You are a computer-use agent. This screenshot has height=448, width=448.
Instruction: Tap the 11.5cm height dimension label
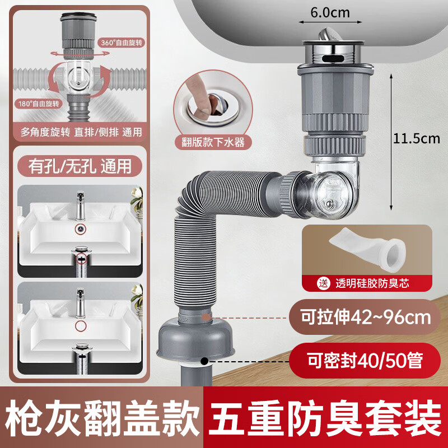point(414,139)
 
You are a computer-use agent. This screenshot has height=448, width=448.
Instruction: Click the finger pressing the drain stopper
point(197,95)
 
